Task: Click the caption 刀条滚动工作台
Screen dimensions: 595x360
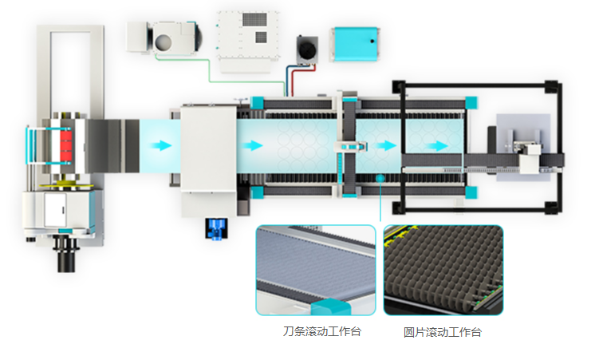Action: [x=321, y=331]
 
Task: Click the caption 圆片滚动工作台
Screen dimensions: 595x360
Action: [x=443, y=332]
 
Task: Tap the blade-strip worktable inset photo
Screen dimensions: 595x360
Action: [x=316, y=270]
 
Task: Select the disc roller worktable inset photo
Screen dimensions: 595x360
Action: [x=443, y=270]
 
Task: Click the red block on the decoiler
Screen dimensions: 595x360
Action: [x=65, y=145]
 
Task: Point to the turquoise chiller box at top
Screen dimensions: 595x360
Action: [x=356, y=44]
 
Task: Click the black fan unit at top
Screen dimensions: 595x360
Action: [x=307, y=49]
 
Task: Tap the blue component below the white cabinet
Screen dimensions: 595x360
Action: [x=216, y=228]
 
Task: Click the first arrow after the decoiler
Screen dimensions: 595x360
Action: [x=161, y=145]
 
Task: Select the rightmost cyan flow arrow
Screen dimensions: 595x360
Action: [x=436, y=146]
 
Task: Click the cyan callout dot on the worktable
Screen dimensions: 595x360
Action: [x=380, y=178]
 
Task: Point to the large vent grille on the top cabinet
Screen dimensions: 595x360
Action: [x=254, y=19]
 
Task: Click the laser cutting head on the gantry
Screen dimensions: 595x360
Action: [x=350, y=146]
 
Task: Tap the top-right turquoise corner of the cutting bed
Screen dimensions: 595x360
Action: [x=471, y=102]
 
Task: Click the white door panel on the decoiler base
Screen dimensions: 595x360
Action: [x=55, y=210]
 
